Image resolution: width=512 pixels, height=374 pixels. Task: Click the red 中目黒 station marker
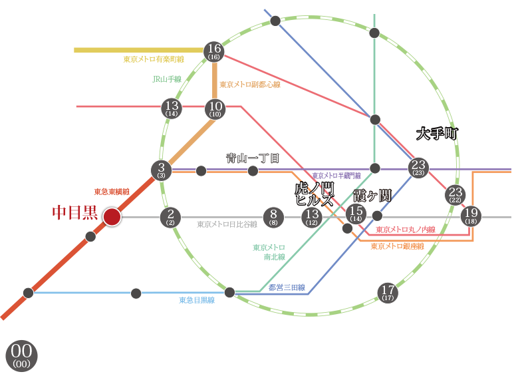point(112,216)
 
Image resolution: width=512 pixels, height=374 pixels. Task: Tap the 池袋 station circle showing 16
point(214,51)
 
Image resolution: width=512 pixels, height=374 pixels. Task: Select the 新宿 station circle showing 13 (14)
point(172,108)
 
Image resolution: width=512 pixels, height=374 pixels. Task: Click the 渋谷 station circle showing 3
point(162,170)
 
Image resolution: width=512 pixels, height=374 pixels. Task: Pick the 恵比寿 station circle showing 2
point(171,216)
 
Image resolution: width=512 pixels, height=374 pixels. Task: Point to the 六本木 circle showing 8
point(273,216)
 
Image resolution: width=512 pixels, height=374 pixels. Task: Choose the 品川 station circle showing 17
point(388,291)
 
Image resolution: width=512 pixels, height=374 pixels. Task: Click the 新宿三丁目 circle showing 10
point(215,108)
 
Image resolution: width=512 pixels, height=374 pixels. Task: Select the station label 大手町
point(438,134)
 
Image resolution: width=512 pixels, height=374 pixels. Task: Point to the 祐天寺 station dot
point(91,236)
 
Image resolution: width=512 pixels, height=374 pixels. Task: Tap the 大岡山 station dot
point(136,293)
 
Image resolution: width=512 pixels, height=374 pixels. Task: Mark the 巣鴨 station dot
point(275,21)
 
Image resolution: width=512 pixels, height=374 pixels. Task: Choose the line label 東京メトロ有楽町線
point(153,60)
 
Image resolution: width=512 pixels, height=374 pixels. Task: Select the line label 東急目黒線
point(196,300)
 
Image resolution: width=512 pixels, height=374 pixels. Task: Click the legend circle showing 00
point(21,354)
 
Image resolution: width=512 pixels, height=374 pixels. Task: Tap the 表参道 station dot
point(201,171)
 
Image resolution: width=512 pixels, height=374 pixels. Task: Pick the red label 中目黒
point(74,214)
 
